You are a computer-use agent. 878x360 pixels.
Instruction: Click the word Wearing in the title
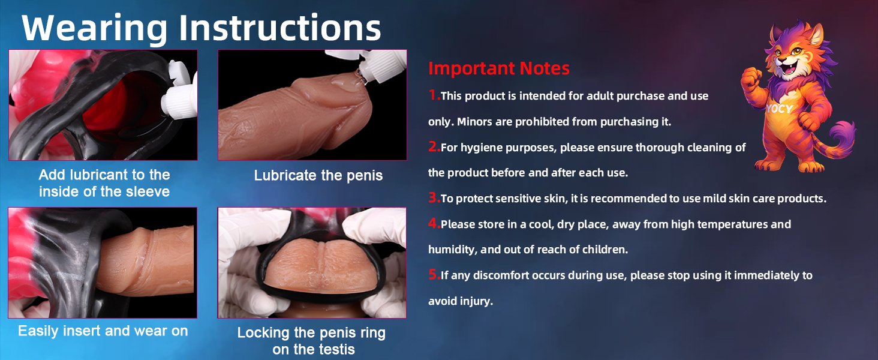(95, 28)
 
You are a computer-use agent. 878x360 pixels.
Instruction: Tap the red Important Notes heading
(498, 68)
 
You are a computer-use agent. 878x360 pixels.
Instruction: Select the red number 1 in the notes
(434, 95)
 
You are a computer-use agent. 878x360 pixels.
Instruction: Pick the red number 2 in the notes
(434, 146)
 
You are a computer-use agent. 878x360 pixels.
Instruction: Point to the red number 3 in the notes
(434, 197)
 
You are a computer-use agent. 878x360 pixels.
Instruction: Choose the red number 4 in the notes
(434, 223)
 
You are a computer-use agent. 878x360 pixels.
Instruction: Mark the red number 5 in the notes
(434, 274)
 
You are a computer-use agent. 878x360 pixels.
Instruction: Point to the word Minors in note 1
(474, 122)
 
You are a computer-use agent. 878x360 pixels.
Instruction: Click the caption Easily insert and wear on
(103, 331)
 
